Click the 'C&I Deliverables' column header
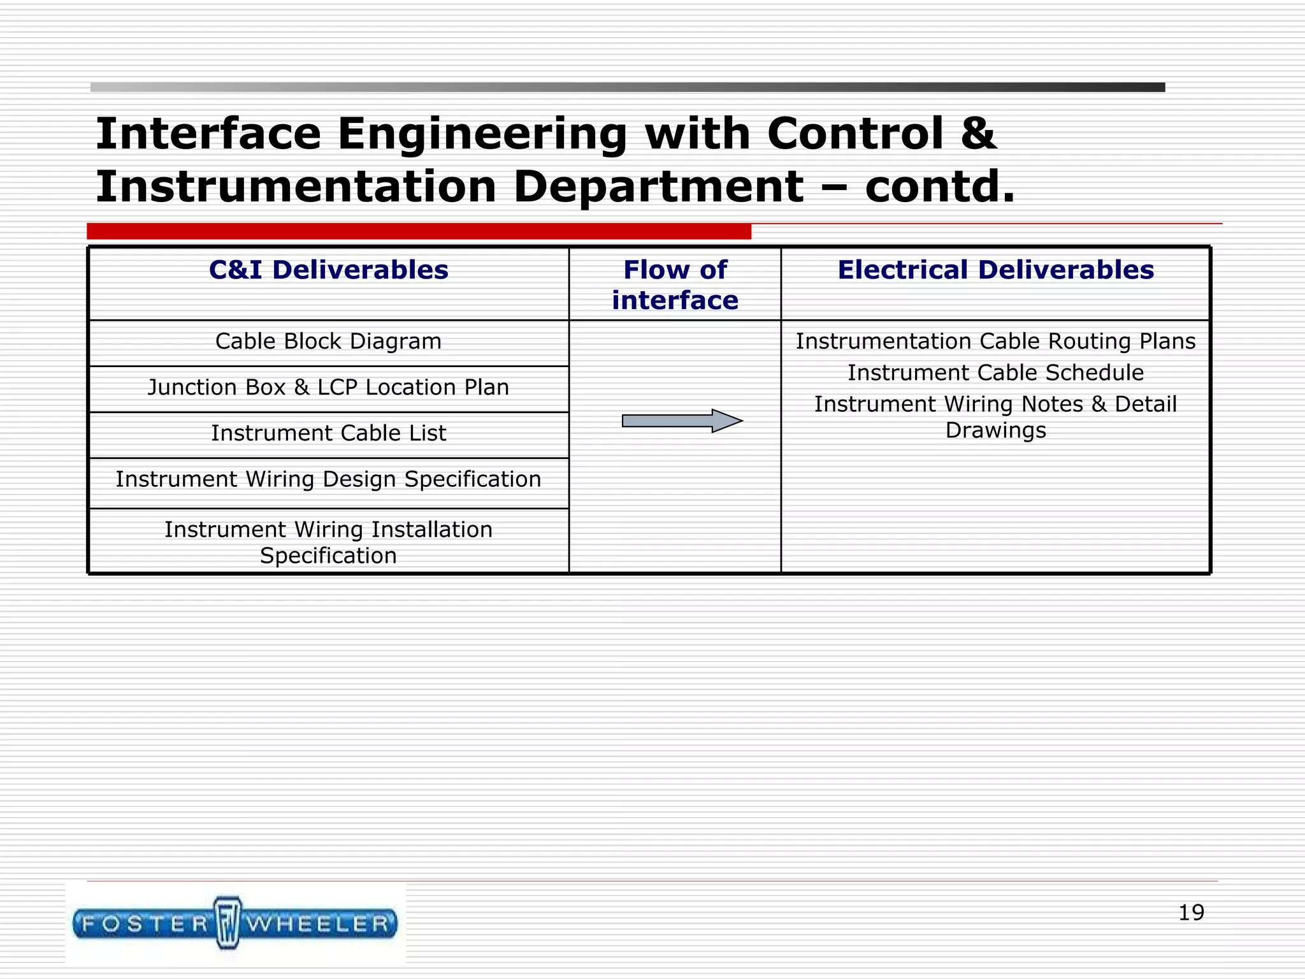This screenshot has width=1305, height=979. coord(328,270)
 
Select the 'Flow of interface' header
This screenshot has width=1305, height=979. coord(675,285)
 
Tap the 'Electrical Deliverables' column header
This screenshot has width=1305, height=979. coord(995,270)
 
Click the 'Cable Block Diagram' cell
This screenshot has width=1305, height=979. coord(328,342)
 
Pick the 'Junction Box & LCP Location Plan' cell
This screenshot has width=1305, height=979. coord(328,388)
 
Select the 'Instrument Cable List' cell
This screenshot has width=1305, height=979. coord(328,433)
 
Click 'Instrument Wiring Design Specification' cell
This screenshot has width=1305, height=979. coord(328,479)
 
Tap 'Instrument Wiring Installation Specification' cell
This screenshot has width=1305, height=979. coord(328,542)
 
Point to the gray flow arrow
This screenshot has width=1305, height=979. coord(682,421)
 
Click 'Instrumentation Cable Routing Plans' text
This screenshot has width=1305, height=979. coord(995,342)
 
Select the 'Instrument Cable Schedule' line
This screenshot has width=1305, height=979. coord(995,373)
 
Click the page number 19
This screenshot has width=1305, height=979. coord(1191,913)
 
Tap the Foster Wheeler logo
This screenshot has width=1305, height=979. coord(235,924)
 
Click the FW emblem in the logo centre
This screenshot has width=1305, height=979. coord(228,923)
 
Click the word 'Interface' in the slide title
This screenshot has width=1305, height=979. coord(208,134)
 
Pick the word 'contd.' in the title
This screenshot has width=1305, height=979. coord(939,187)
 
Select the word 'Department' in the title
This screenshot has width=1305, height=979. coord(658,187)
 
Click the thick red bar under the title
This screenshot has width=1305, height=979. coord(419,231)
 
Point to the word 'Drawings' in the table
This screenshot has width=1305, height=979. coord(995,431)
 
